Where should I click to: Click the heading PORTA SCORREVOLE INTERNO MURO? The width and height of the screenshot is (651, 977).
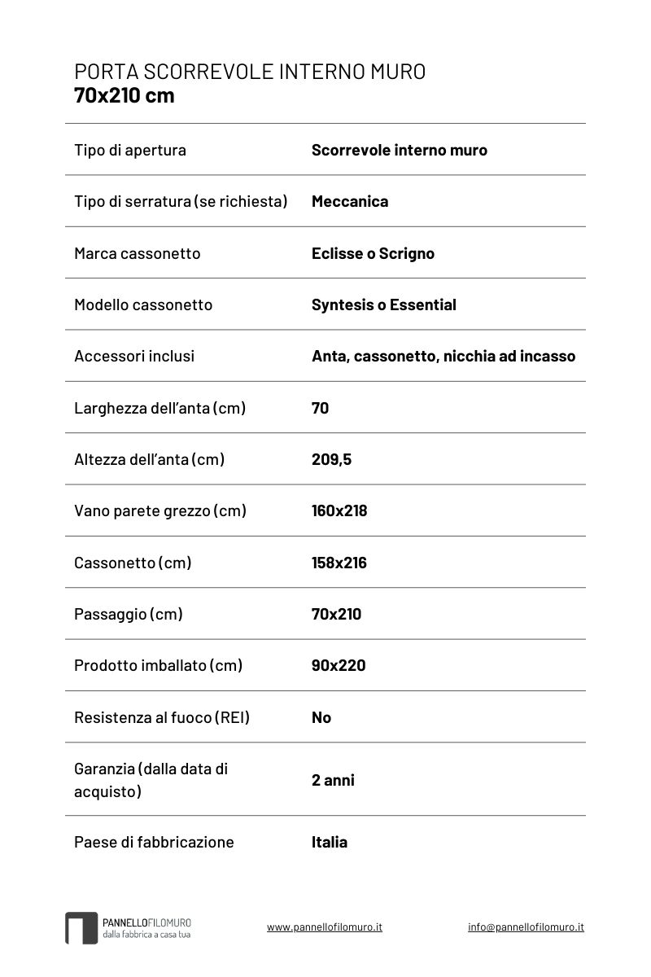tap(250, 72)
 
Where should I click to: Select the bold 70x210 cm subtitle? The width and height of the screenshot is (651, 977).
tap(124, 96)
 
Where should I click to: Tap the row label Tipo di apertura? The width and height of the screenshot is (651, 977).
tap(130, 150)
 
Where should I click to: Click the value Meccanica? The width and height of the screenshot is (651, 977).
tap(350, 201)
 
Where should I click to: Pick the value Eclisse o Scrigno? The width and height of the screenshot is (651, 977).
tap(373, 253)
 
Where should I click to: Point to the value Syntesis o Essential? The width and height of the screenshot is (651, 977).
tap(383, 304)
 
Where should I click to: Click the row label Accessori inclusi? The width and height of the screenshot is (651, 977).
tap(134, 356)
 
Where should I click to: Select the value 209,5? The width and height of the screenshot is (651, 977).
tap(331, 459)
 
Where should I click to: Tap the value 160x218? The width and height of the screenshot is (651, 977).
tap(339, 510)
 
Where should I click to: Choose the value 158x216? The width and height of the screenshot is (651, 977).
tap(339, 563)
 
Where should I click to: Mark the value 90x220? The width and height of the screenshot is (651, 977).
tap(339, 665)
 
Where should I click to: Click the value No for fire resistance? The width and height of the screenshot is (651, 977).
tap(321, 717)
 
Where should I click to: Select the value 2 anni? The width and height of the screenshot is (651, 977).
tap(333, 780)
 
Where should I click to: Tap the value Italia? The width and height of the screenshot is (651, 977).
tap(330, 842)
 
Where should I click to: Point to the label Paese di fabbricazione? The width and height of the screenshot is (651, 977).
tap(154, 842)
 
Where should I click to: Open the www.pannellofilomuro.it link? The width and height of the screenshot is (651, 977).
tap(325, 927)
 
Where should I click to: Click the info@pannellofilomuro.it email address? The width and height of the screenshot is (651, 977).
tap(526, 927)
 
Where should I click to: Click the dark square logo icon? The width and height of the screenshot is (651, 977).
tap(81, 928)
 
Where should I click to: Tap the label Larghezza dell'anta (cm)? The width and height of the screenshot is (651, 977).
tap(159, 408)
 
